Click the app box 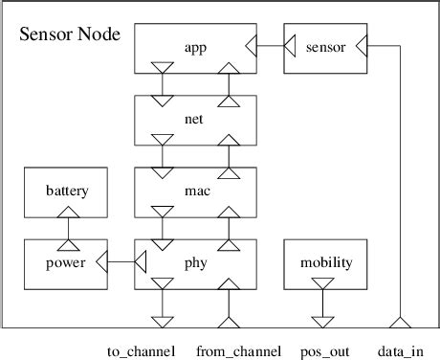(196, 45)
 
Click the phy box (196, 262)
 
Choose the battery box (67, 191)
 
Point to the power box (67, 262)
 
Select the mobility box (326, 262)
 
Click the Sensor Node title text (70, 35)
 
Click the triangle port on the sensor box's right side (362, 45)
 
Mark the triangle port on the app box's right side (252, 45)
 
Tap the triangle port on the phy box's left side (140, 262)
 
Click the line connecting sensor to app (271, 45)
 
